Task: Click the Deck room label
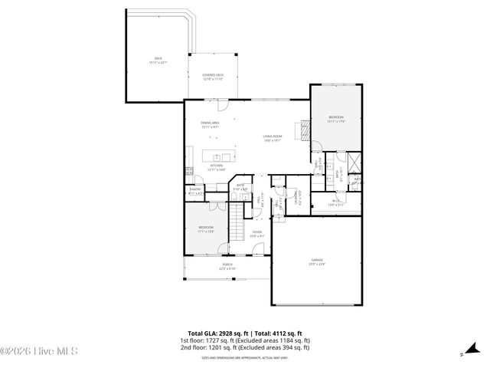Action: click(x=158, y=61)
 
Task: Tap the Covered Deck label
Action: click(x=212, y=77)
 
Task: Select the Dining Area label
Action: click(x=211, y=125)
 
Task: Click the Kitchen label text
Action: click(x=217, y=167)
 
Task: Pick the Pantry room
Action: click(x=195, y=192)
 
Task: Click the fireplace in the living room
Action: click(x=305, y=131)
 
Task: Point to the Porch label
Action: click(x=227, y=265)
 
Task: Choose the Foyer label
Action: click(x=256, y=233)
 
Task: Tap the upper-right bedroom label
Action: click(x=336, y=119)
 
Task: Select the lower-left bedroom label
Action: click(x=206, y=229)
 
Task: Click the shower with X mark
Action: click(x=354, y=163)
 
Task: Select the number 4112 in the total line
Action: click(x=277, y=335)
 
